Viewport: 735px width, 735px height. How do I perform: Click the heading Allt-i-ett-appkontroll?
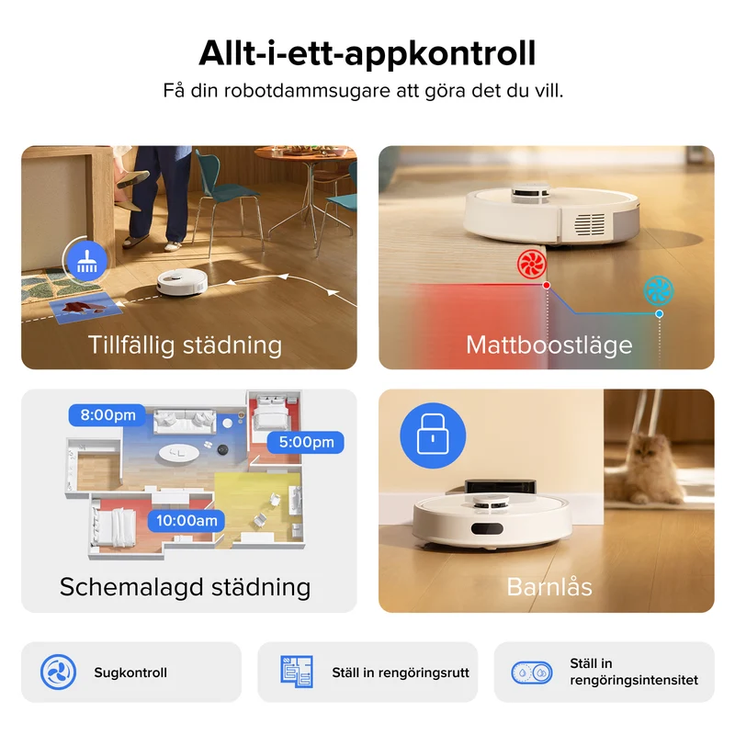pos(367,54)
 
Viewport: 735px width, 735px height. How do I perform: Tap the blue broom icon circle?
pos(86,261)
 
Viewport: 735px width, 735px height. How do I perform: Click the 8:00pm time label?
pos(107,415)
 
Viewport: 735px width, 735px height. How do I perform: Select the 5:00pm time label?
pos(306,442)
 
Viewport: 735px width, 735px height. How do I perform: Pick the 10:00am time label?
pos(187,521)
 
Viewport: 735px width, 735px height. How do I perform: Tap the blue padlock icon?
pos(433,435)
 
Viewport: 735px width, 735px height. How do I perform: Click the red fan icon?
pos(532,264)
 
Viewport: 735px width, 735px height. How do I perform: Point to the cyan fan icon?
pos(658,290)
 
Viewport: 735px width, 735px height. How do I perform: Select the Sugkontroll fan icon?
pos(58,673)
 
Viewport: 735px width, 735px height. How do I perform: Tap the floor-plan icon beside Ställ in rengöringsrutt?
pos(297,673)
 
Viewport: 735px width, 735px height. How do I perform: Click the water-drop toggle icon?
pos(532,673)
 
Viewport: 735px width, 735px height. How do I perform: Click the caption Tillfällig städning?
pos(185,345)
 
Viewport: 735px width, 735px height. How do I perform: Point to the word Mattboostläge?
pos(548,345)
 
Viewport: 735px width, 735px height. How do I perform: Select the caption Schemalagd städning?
pos(186,587)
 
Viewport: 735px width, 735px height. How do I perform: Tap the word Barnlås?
pos(549,587)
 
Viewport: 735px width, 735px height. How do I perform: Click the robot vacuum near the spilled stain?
pos(182,283)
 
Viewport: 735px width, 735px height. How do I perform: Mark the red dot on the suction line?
pos(547,285)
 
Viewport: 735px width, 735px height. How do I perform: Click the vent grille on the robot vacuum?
pos(590,224)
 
